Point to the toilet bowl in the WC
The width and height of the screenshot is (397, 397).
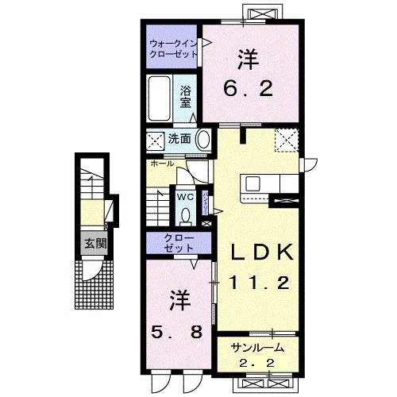point(185,214)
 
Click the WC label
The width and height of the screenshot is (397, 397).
point(184,196)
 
